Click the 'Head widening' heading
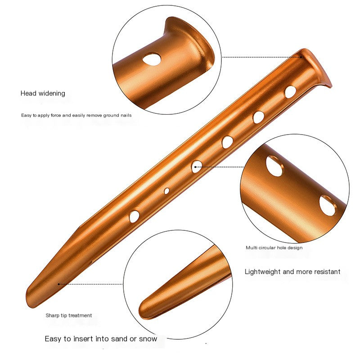click(x=43, y=93)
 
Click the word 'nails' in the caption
click(x=126, y=115)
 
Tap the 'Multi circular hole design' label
click(x=274, y=248)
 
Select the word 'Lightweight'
click(x=263, y=272)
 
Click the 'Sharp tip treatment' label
click(x=69, y=316)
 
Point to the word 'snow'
click(x=148, y=339)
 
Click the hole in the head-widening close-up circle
click(x=152, y=59)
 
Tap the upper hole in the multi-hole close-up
click(x=275, y=166)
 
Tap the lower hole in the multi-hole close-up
click(x=328, y=206)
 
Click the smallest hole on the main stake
click(x=166, y=191)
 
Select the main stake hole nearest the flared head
click(x=290, y=92)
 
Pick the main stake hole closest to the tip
click(x=134, y=216)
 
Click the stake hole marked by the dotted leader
click(x=197, y=166)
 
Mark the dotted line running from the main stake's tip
click(x=91, y=284)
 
